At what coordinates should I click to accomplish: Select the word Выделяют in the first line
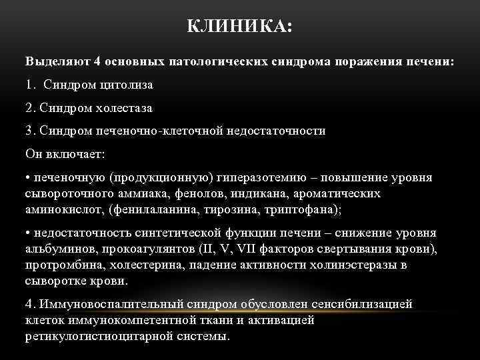tap(57, 61)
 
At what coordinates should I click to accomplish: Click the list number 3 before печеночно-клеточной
tap(29, 131)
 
